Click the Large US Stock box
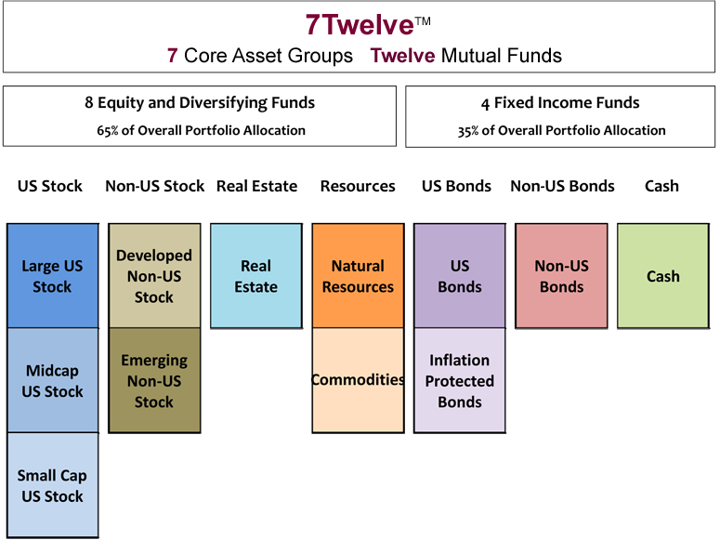click(x=53, y=276)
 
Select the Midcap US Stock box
click(x=53, y=380)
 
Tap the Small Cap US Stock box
click(x=53, y=485)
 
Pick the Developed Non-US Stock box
click(x=155, y=276)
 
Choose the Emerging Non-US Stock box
click(x=155, y=380)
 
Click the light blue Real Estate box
click(x=256, y=276)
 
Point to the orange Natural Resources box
click(x=359, y=276)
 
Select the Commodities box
click(x=359, y=380)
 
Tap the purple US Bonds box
click(x=460, y=276)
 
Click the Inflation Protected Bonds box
click(x=460, y=380)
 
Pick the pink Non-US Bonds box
click(x=561, y=276)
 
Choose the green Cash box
click(x=663, y=276)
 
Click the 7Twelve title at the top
click(x=360, y=24)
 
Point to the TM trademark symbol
click(x=423, y=21)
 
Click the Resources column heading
click(x=358, y=186)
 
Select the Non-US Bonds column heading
click(x=562, y=186)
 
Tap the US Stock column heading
click(x=50, y=186)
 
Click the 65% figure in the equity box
click(x=108, y=131)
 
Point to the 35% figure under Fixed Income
click(x=468, y=131)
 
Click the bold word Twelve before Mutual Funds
click(x=402, y=56)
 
